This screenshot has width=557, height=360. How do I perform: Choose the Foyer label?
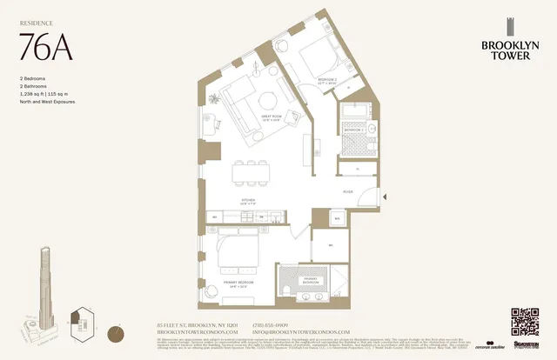point(346,191)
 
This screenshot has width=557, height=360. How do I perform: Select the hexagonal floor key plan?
point(84,321)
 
